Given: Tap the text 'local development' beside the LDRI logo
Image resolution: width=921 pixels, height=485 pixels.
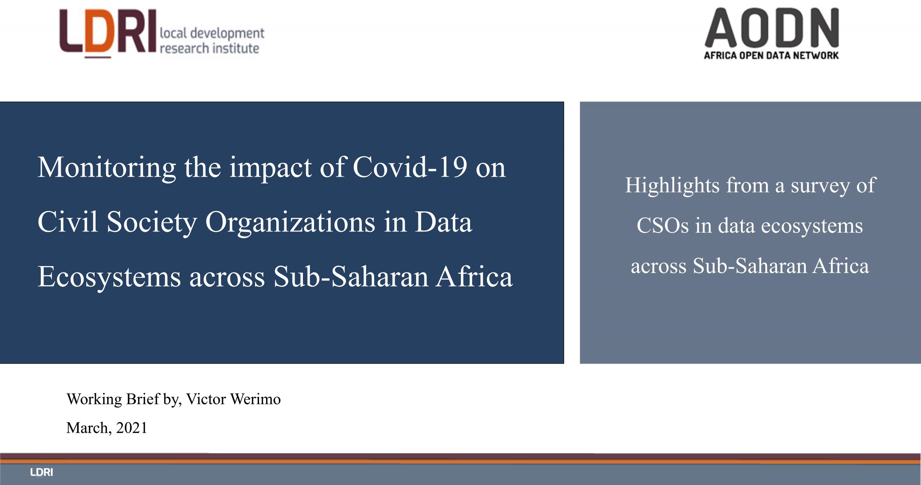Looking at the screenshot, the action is point(212,33).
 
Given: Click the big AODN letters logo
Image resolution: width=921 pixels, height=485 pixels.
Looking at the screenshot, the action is point(772,28).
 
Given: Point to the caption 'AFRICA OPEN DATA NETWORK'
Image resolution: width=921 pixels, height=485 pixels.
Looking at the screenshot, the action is point(771,55).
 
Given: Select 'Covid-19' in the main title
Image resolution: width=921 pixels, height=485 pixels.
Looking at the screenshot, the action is point(410,167).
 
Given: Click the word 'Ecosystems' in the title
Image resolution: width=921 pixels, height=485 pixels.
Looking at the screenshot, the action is point(109,278).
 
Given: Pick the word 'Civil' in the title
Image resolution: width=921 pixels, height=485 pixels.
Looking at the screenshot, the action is point(68,222).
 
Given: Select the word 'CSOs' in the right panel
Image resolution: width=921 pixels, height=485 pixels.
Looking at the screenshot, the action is point(663,226).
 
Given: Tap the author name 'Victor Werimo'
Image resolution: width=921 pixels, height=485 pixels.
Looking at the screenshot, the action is point(233,399).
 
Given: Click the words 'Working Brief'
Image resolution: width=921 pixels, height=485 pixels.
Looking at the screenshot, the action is point(113,399).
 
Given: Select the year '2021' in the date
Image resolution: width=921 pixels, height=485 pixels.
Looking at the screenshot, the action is point(132,428).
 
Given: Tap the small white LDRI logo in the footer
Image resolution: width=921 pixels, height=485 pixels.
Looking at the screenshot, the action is point(41,472).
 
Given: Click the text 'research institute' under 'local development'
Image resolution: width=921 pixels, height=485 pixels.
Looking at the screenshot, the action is point(209,48).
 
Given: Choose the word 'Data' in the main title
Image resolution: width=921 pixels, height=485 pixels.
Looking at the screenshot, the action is point(443,222).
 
